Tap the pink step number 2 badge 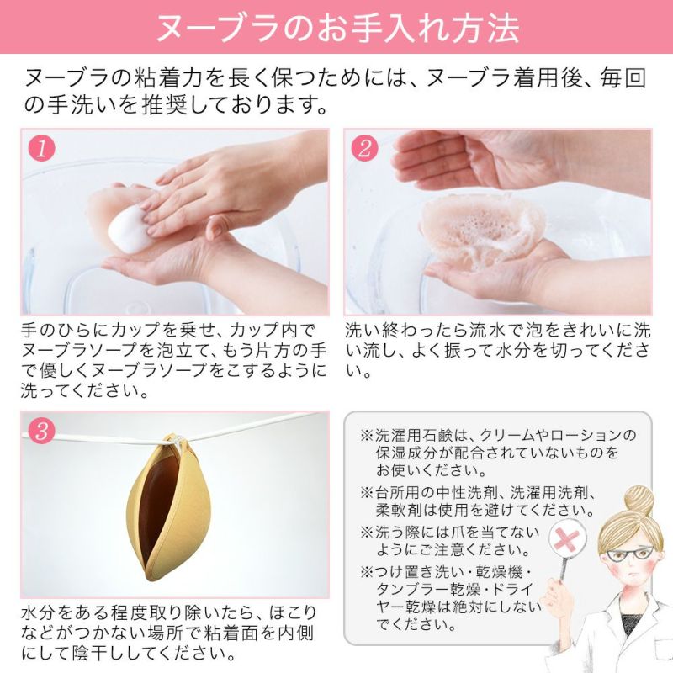pyautogui.click(x=364, y=148)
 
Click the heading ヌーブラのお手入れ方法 pyautogui.click(x=336, y=27)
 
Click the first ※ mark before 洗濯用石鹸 pyautogui.click(x=366, y=435)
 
